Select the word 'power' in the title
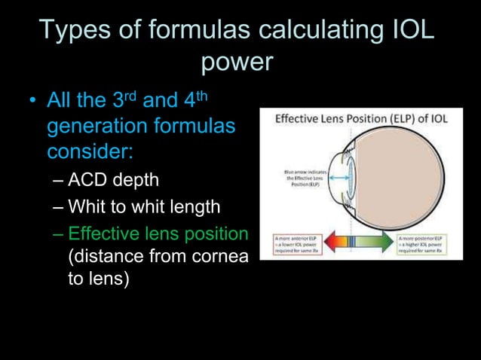pos(236,62)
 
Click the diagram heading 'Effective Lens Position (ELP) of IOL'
pos(360,119)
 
